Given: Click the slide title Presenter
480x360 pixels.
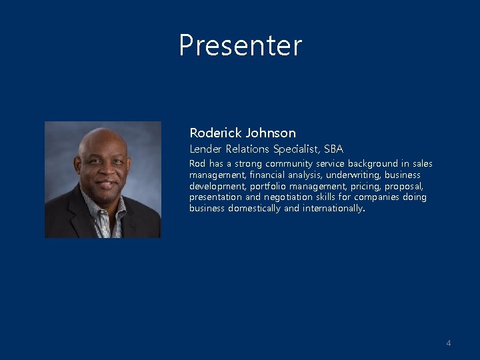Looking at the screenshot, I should (240, 45).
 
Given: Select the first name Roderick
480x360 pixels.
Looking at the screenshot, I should (215, 133).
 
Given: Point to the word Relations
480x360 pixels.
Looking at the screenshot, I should (249, 149).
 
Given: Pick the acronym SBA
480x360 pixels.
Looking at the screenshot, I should (333, 149).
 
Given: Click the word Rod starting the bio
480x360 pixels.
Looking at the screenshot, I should (197, 163).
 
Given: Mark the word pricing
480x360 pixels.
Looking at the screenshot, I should (363, 186).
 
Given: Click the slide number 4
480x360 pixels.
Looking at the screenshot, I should (449, 343).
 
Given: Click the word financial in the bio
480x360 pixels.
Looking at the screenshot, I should (263, 175).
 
